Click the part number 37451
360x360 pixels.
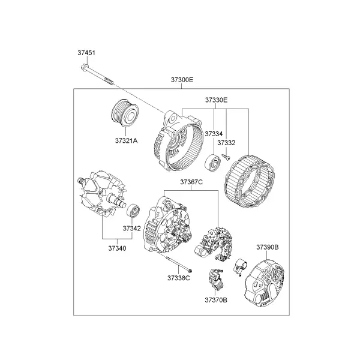tap(86, 53)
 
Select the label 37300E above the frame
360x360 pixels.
tap(182, 80)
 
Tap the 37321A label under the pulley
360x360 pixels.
tap(126, 141)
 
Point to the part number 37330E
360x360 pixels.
tap(216, 100)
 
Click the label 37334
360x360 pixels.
tap(214, 134)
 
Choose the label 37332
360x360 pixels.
tap(226, 143)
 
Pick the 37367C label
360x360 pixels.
tap(191, 182)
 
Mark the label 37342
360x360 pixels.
tap(131, 229)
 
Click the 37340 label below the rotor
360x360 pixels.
tap(118, 248)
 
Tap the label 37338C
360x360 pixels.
tap(179, 278)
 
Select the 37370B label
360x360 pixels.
tap(216, 300)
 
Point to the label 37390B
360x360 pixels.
tap(268, 247)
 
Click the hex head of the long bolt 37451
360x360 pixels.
tap(85, 67)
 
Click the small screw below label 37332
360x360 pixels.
tap(226, 157)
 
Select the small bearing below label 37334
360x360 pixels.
tap(213, 163)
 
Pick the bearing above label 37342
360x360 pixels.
tap(133, 211)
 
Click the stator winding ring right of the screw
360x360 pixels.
tap(250, 181)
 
